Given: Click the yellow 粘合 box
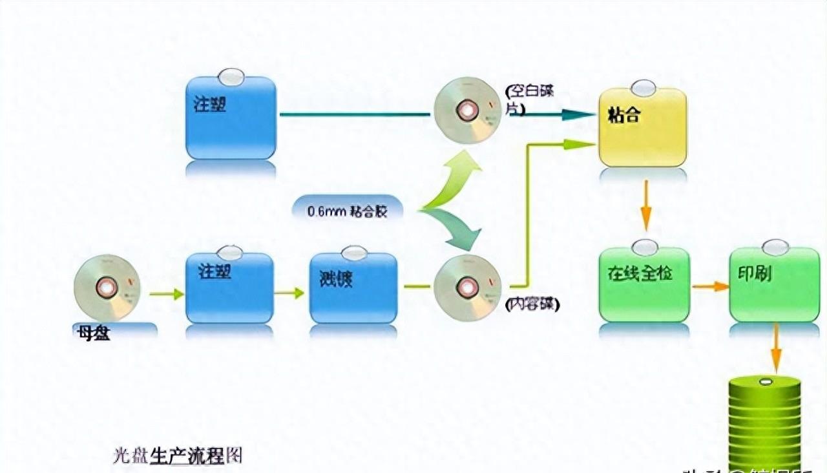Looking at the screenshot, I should (x=642, y=128).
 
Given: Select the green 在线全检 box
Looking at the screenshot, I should (x=644, y=284).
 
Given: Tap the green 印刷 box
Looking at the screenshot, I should (x=774, y=284).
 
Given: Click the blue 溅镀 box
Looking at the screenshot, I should (x=353, y=288).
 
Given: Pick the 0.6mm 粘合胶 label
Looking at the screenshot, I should (x=347, y=211).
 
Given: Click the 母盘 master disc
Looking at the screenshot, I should (x=107, y=288).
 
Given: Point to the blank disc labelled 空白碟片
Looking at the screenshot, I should (x=467, y=110).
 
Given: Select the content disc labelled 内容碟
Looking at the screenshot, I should (x=467, y=288).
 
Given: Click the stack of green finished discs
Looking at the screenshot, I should (x=764, y=423).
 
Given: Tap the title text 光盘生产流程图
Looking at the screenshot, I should (x=178, y=456).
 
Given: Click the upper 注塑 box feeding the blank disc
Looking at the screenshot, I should (x=231, y=118).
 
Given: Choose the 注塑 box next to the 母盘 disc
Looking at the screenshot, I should (x=229, y=288).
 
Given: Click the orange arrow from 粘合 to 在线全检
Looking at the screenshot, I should (x=645, y=205).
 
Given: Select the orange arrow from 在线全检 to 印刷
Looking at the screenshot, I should (x=710, y=286).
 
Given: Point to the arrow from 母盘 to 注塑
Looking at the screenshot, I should (x=167, y=294).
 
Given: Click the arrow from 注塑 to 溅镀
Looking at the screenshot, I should (x=289, y=293).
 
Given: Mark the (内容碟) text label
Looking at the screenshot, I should (x=532, y=304).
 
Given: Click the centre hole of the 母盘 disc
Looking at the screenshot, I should (x=107, y=287).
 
